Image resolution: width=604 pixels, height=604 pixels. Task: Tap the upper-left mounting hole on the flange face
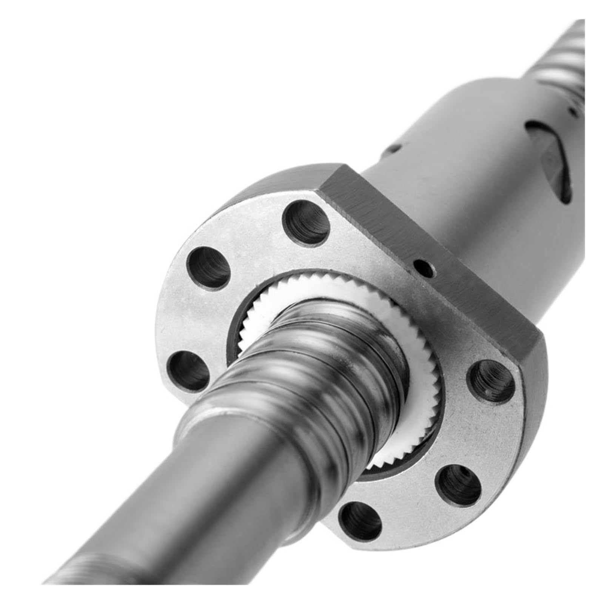pos(210,266)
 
